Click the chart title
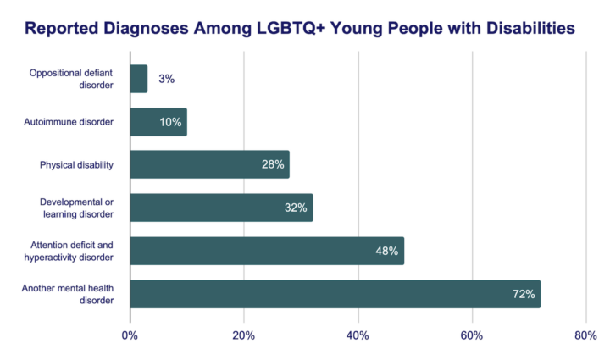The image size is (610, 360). click(x=300, y=28)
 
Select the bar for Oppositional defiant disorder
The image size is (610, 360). click(x=139, y=79)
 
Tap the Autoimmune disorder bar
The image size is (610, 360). click(x=158, y=122)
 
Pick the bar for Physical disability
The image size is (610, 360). click(x=209, y=164)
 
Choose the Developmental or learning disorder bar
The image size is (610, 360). click(x=221, y=208)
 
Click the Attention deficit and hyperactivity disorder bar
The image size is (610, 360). click(x=267, y=251)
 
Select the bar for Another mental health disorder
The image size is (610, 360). click(x=335, y=294)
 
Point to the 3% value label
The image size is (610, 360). click(x=166, y=79)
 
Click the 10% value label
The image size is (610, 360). click(x=170, y=122)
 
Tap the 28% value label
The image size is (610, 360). click(x=273, y=165)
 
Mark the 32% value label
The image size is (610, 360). click(x=297, y=208)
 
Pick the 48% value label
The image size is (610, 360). click(x=387, y=252)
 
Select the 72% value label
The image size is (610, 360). click(x=524, y=295)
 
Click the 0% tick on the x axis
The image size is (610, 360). click(x=130, y=335)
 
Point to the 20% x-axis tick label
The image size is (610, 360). click(x=244, y=335)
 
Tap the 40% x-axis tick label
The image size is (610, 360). click(x=358, y=335)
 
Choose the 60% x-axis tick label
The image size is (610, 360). click(x=472, y=335)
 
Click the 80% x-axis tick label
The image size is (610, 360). click(x=585, y=335)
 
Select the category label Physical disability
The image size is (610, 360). click(x=76, y=164)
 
